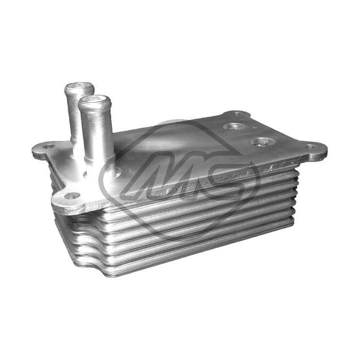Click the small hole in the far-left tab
coord(48,146)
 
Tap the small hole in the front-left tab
coord(72,195)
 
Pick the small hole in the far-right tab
coord(310,146)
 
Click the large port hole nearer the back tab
coord(234,126)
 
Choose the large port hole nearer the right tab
coord(261,141)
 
